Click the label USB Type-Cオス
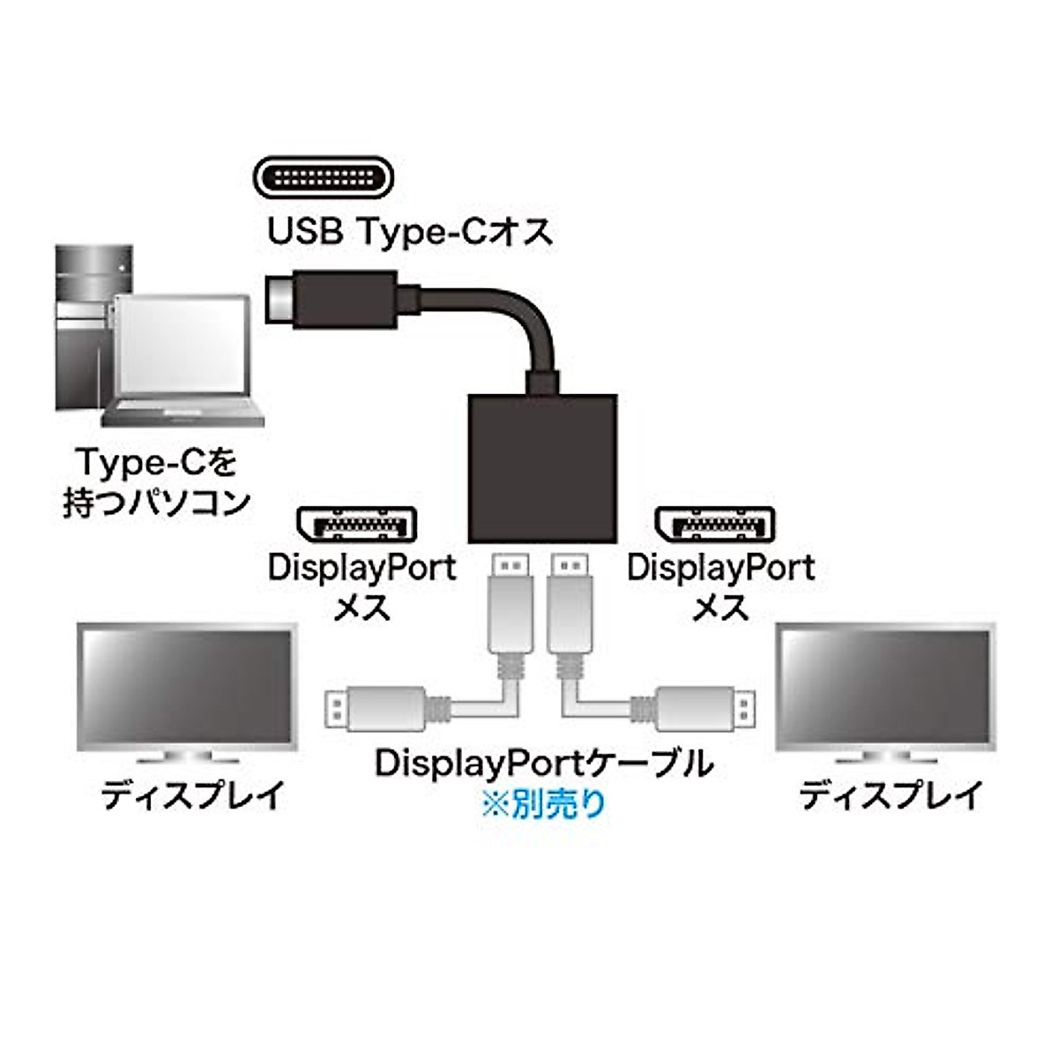pyautogui.click(x=410, y=232)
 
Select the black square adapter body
pyautogui.click(x=542, y=467)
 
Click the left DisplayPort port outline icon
pyautogui.click(x=356, y=527)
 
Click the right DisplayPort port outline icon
pyautogui.click(x=715, y=527)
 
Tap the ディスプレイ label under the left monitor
pyautogui.click(x=192, y=795)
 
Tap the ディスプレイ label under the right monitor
pyautogui.click(x=890, y=795)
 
